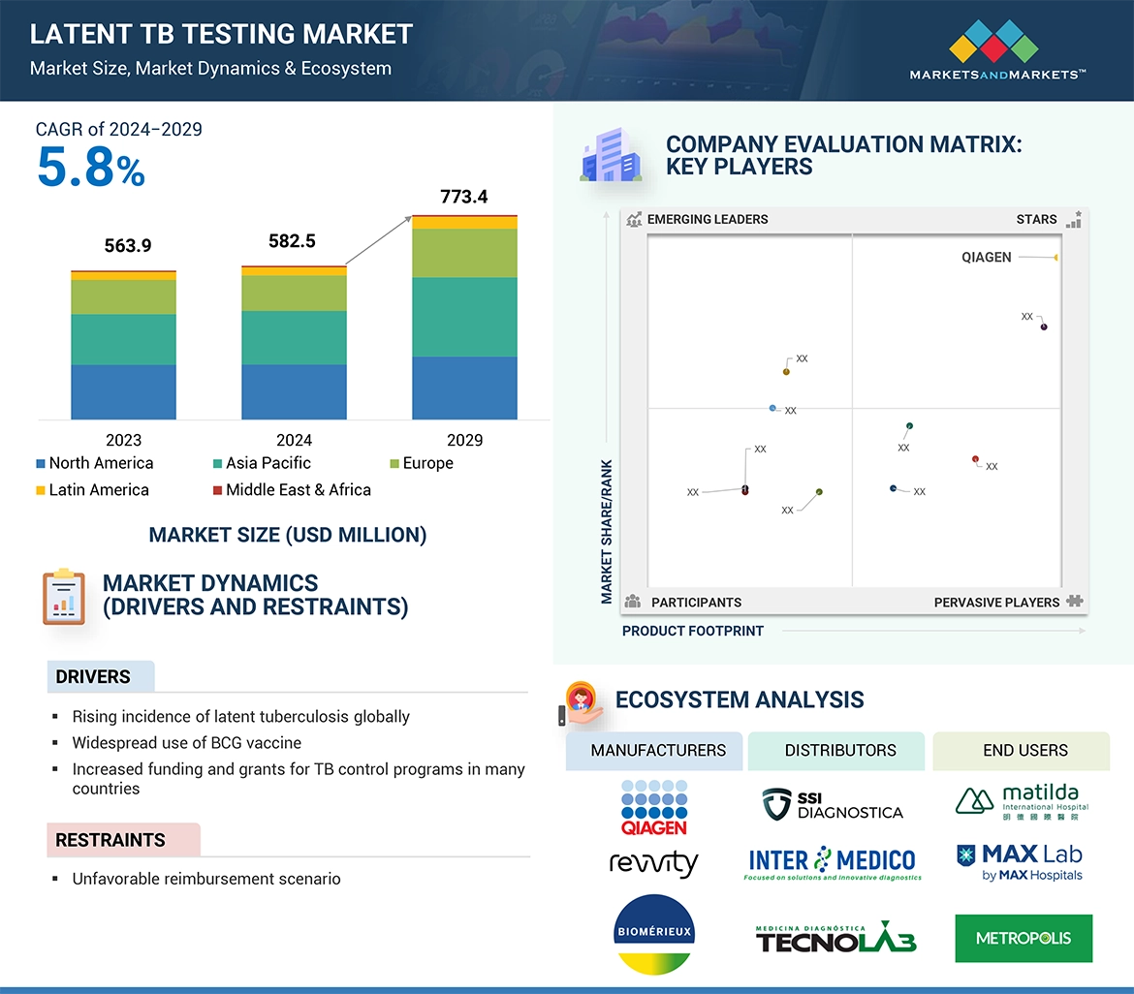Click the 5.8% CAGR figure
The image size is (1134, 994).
[91, 168]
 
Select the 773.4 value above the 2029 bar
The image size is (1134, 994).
[463, 197]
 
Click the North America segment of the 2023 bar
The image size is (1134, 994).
[123, 391]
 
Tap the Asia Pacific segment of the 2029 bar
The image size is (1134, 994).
[464, 317]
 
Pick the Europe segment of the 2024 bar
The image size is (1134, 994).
[294, 293]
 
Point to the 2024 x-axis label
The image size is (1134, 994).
[294, 440]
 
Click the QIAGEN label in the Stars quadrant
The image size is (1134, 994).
[987, 258]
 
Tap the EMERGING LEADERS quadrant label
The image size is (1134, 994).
[707, 219]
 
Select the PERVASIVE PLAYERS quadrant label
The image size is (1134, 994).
[996, 602]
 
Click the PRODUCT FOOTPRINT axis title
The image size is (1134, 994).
[693, 631]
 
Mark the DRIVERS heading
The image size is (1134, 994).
[93, 676]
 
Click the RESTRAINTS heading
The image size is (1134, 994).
[110, 840]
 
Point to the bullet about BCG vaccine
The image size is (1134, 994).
[186, 743]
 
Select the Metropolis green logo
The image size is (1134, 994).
[1024, 938]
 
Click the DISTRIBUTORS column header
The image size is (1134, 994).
[840, 750]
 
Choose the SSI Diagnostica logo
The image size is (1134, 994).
[833, 804]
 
